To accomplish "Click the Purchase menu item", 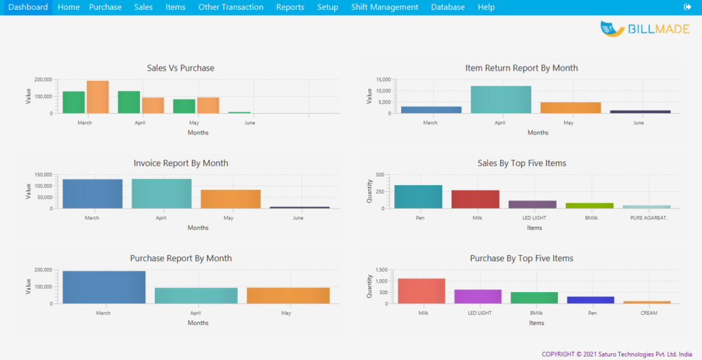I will coord(105,7).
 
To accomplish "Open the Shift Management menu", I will coord(384,7).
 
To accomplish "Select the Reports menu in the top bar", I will coord(290,7).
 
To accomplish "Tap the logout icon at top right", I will coord(688,7).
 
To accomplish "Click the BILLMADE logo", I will coord(644,29).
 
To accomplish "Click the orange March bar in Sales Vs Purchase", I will coord(97,97).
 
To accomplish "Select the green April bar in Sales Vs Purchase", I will coord(129,102).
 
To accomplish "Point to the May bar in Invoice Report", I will coord(230,199).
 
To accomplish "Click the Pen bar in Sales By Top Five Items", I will coord(418,197).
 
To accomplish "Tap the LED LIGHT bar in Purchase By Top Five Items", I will coord(478,296).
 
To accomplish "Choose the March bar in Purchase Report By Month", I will coord(104,287).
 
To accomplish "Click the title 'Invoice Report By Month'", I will coord(181,163).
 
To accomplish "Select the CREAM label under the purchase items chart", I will coord(649,313).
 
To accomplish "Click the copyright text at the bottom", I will coord(616,354).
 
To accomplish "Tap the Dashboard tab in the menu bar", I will coord(28,7).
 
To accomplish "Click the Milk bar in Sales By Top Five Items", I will coord(475,200).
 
